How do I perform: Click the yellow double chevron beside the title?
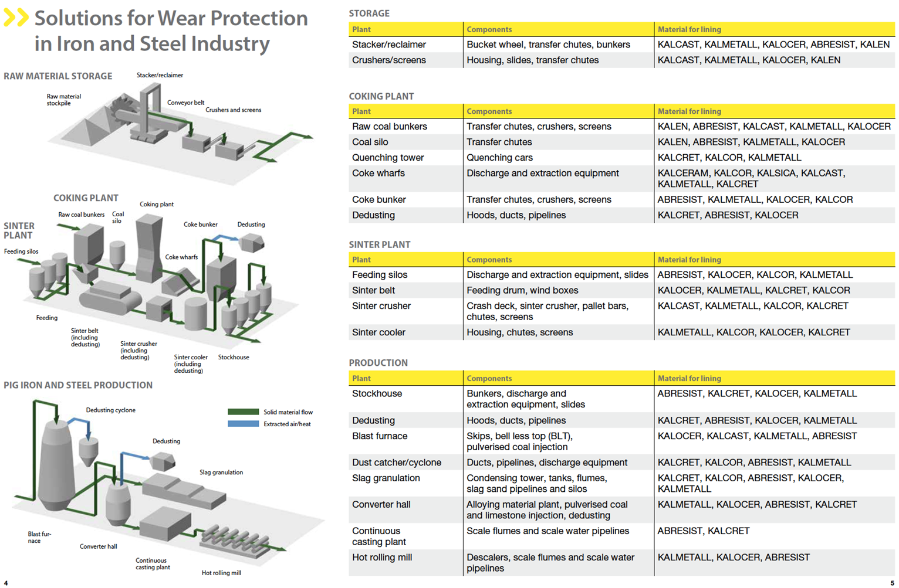pyautogui.click(x=16, y=18)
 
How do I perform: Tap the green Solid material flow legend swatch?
pyautogui.click(x=243, y=412)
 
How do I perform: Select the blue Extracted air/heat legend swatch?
pyautogui.click(x=243, y=424)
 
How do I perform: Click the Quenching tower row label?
pyautogui.click(x=388, y=158)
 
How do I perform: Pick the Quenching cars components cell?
pyautogui.click(x=499, y=158)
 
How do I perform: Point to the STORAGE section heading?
pyautogui.click(x=369, y=13)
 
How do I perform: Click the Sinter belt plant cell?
pyautogui.click(x=373, y=290)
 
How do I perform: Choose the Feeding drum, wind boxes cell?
pyautogui.click(x=522, y=290)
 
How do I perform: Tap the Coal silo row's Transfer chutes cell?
pyautogui.click(x=499, y=142)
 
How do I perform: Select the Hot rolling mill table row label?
pyautogui.click(x=382, y=558)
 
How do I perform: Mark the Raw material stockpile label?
pyautogui.click(x=63, y=100)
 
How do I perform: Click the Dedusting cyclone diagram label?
pyautogui.click(x=111, y=410)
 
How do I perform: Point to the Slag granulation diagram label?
pyautogui.click(x=221, y=473)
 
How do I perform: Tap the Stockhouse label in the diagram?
pyautogui.click(x=234, y=357)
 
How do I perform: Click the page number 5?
pyautogui.click(x=893, y=583)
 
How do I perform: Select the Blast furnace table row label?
pyautogui.click(x=380, y=436)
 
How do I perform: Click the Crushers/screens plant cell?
pyautogui.click(x=389, y=60)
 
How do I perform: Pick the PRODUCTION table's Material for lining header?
pyautogui.click(x=690, y=379)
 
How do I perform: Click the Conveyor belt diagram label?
pyautogui.click(x=185, y=103)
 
